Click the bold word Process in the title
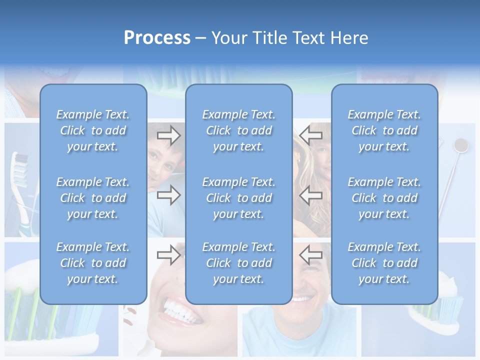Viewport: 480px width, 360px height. point(157,38)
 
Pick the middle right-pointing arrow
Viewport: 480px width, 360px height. point(169,195)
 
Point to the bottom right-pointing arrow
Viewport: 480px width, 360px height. point(169,255)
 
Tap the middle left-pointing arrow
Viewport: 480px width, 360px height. point(311,195)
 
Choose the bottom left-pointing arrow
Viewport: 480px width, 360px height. point(311,255)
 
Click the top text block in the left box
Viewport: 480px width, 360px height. point(93,130)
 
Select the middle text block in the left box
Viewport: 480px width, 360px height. point(93,198)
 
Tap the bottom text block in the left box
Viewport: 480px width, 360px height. point(93,263)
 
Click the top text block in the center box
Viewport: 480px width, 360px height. point(239,130)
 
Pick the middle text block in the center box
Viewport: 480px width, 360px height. point(239,198)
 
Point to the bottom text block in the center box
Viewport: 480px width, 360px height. point(239,263)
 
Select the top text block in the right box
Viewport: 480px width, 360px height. point(384,130)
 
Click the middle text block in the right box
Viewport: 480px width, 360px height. point(384,198)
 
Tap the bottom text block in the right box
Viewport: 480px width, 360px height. point(384,263)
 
